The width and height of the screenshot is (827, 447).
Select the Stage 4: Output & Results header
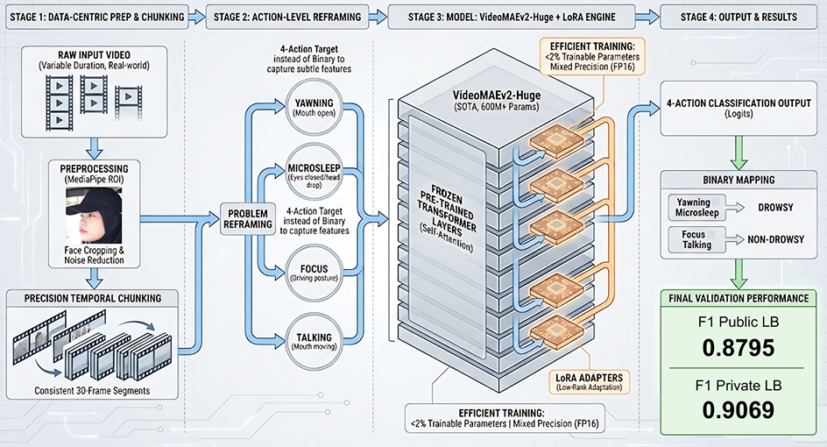tap(739, 17)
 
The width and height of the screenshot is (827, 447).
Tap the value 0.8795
tap(739, 347)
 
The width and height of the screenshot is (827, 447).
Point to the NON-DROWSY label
tap(777, 238)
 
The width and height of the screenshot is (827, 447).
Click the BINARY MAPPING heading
tap(739, 179)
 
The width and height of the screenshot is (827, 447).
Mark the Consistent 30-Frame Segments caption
tap(92, 389)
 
